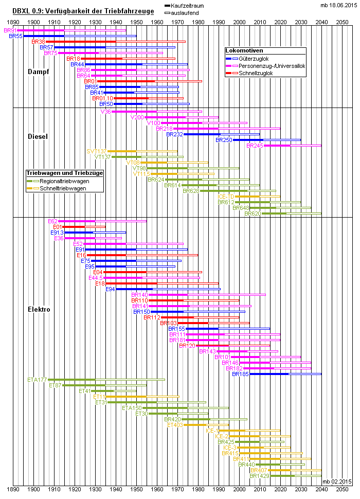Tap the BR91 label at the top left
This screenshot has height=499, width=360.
point(10,31)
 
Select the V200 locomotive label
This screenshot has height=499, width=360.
point(137,117)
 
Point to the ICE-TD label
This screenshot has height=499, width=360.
point(226,197)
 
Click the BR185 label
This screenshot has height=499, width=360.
point(240,374)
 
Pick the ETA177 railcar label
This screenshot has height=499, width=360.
point(37,380)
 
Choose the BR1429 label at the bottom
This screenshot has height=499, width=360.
point(259,476)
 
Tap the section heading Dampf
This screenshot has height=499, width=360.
point(39,72)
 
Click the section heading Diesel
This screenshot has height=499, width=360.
point(38,136)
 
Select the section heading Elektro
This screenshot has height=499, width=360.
point(39,310)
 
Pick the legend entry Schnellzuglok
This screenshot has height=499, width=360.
point(256,73)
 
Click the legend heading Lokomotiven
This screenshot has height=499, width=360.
point(245,51)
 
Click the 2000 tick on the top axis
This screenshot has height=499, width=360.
point(239,22)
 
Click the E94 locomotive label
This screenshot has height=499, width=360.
point(110,289)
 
